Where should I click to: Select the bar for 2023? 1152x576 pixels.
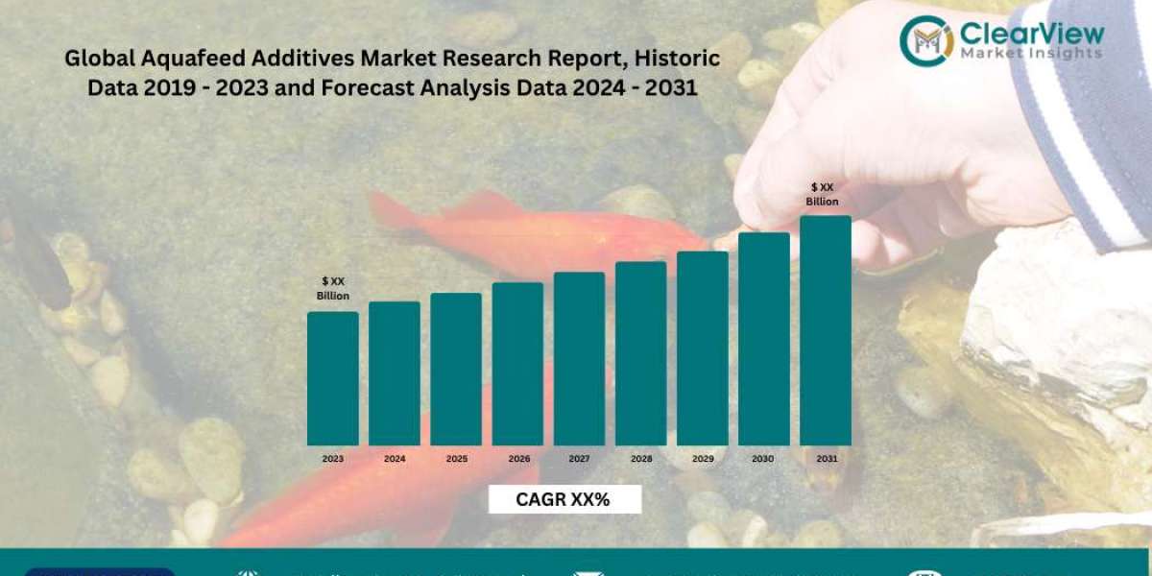tap(332, 378)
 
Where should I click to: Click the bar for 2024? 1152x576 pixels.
tap(395, 373)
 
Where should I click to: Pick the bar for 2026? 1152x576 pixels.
tap(517, 364)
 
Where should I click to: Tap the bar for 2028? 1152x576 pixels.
tap(640, 353)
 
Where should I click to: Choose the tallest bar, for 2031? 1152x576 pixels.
tap(825, 330)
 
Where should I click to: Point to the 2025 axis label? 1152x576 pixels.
tap(456, 459)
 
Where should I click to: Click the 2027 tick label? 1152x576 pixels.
tap(579, 459)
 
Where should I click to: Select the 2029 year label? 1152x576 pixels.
tap(702, 459)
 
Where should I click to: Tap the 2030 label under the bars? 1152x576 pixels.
tap(763, 459)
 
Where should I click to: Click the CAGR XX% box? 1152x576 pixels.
tap(564, 499)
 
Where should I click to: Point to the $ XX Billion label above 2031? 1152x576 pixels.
tap(824, 194)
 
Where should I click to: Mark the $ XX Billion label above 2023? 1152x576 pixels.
tap(333, 288)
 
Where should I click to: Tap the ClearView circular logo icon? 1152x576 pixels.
tap(926, 39)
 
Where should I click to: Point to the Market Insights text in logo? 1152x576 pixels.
tap(1032, 54)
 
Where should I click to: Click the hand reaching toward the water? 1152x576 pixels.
tap(893, 144)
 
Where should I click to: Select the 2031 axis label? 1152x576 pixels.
tap(825, 459)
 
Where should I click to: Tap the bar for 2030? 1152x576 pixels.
tap(763, 339)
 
